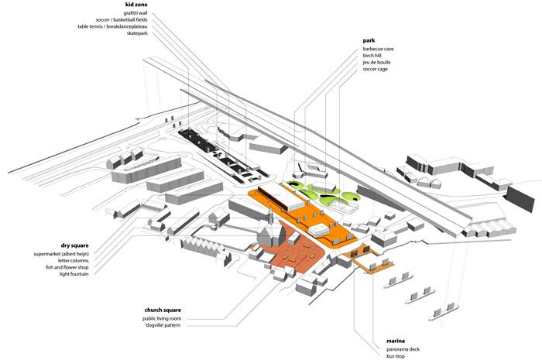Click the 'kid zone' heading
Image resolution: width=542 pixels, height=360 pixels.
(x=135, y=5)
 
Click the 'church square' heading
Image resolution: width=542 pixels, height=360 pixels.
(x=162, y=309)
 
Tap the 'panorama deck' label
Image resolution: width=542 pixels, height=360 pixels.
(x=405, y=350)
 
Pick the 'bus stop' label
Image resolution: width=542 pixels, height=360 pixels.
(x=397, y=357)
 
